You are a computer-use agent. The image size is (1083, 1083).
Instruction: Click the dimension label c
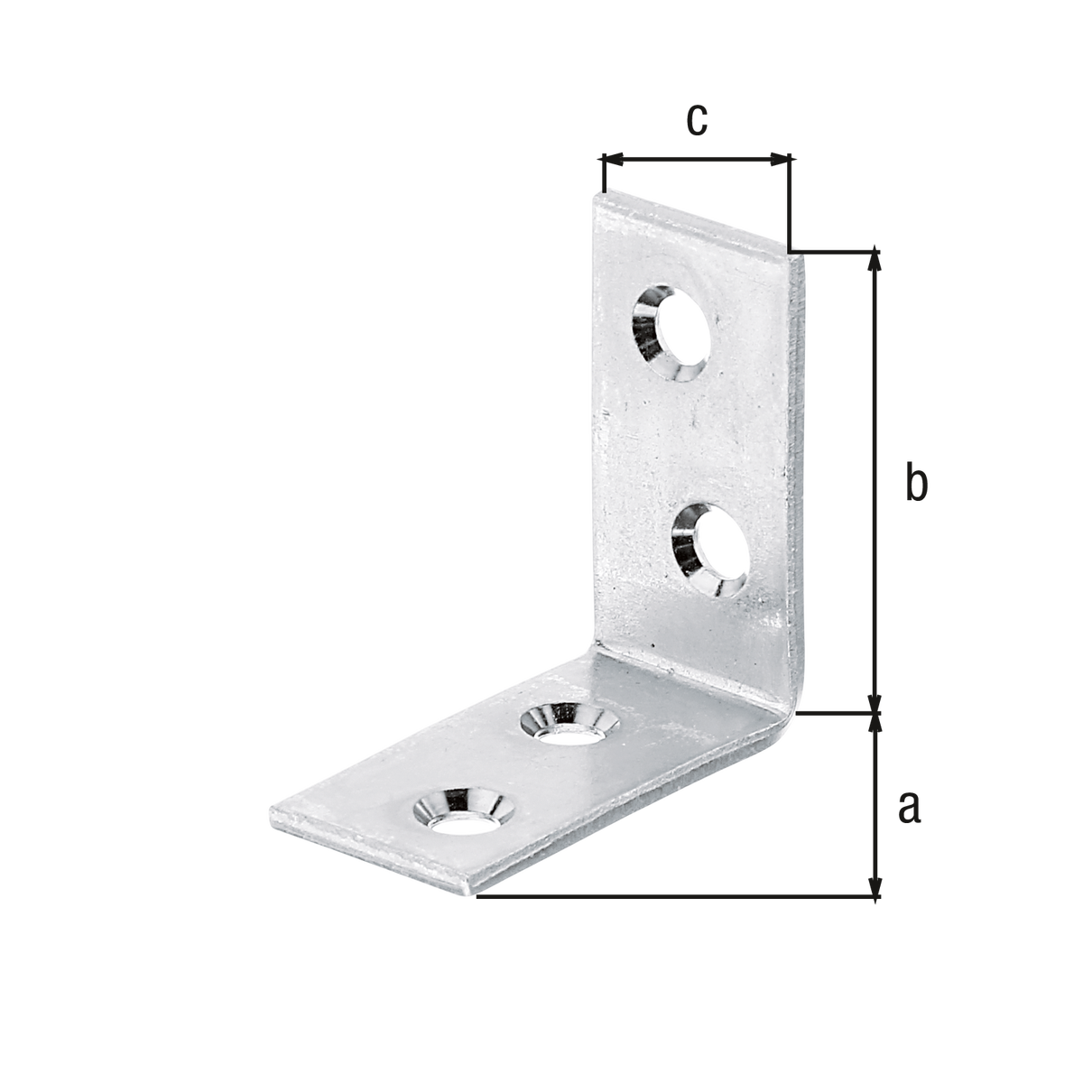[x=697, y=120]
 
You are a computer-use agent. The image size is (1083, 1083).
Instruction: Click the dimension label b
[x=916, y=481]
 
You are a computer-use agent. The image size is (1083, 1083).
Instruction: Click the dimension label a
[x=910, y=807]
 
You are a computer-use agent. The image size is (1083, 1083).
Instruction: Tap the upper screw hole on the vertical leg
[x=671, y=333]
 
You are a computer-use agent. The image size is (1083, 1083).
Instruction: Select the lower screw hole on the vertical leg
[x=710, y=550]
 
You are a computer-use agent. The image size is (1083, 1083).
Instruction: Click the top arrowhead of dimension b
[x=875, y=261]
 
